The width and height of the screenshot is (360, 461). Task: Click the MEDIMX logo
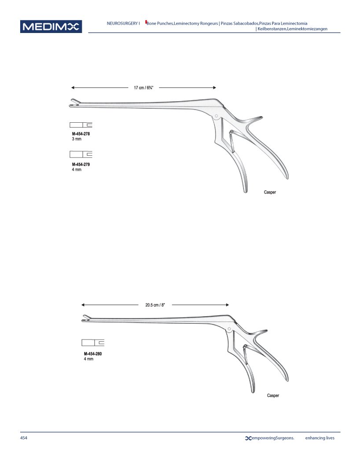click(51, 26)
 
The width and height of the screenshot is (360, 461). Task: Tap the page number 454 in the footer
click(23, 438)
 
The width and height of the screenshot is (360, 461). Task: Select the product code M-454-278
click(81, 134)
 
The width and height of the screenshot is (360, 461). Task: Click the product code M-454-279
click(81, 165)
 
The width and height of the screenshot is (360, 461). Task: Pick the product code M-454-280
click(93, 354)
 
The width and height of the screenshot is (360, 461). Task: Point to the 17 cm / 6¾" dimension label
click(143, 88)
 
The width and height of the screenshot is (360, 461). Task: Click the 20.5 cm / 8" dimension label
click(155, 305)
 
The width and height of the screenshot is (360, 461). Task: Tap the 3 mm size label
click(77, 139)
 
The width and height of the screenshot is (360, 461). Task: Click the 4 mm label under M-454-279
click(77, 170)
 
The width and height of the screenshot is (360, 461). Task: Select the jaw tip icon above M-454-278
click(81, 124)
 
